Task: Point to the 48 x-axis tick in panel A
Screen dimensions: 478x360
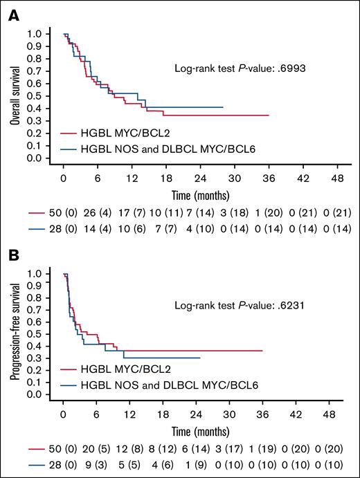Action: (x=336, y=176)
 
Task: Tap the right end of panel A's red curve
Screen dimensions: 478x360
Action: (x=268, y=116)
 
